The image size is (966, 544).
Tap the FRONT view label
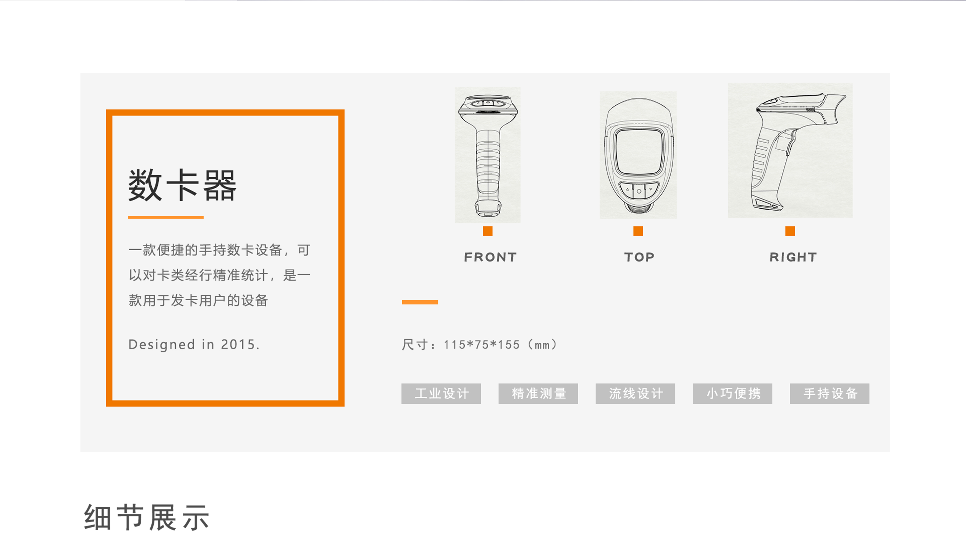(x=490, y=257)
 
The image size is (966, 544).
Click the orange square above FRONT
(x=488, y=231)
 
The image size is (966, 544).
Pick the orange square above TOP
(x=638, y=231)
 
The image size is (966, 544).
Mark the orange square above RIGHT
(x=790, y=231)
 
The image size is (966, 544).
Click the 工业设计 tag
(x=441, y=393)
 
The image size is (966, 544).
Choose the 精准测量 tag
(x=538, y=393)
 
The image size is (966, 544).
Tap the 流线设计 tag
(x=635, y=393)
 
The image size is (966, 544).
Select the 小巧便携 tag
(x=732, y=393)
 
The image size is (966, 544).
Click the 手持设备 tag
(x=829, y=393)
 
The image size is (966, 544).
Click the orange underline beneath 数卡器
(x=166, y=217)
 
